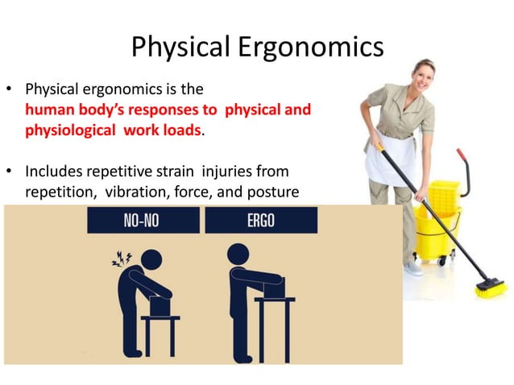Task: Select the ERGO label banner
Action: [261, 221]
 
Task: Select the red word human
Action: [48, 110]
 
